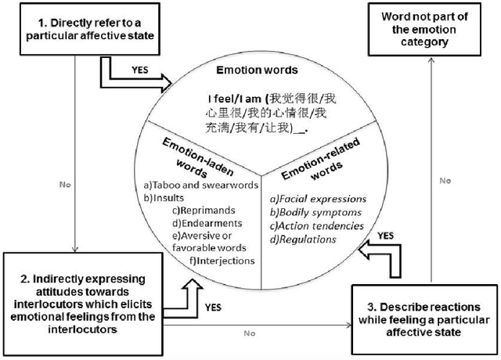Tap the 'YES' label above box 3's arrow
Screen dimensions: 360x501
pos(384,234)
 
